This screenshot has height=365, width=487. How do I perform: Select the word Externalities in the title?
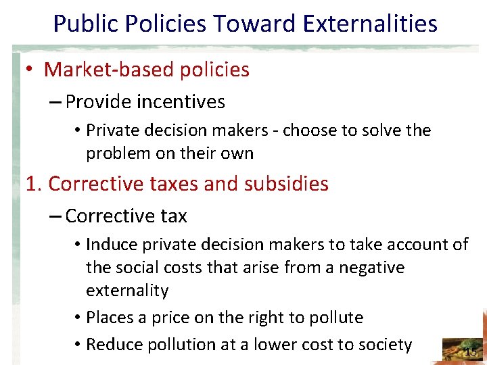[x=371, y=24]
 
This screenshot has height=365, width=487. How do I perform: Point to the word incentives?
[x=181, y=102]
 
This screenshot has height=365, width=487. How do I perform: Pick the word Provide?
[x=98, y=102]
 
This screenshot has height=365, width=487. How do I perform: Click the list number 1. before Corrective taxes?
[x=34, y=184]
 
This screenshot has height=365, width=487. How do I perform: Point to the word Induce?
[x=112, y=245]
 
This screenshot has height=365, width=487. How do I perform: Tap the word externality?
[x=127, y=291]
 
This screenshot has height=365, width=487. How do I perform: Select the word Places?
[x=110, y=318]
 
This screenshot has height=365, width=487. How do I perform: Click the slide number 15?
[x=470, y=351]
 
